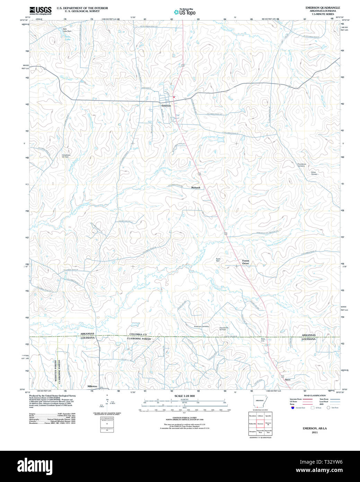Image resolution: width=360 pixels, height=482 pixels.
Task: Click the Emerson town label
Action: coord(166,106)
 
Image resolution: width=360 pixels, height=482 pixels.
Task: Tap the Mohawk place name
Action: coord(196,188)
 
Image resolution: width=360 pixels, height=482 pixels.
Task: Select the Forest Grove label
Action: coord(246,262)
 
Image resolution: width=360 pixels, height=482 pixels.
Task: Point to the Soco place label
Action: coord(288,380)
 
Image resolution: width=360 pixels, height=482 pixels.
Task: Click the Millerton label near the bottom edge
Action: coord(92,386)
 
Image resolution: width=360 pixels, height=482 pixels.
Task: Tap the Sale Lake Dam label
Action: coord(67,30)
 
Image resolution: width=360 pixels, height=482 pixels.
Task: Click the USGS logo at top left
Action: coord(40,10)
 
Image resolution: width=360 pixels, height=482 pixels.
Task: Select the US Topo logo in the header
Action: coord(185,12)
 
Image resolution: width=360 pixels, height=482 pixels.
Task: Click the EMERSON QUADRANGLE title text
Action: coord(323,8)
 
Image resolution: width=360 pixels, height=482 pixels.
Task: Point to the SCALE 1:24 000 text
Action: coord(184,396)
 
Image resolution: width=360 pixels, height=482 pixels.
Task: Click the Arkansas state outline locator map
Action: coord(260,402)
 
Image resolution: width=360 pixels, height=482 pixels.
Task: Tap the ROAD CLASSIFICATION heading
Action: coord(315,396)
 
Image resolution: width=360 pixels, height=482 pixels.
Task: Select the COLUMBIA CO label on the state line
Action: coord(138,335)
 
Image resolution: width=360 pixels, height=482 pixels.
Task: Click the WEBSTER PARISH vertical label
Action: coord(55,371)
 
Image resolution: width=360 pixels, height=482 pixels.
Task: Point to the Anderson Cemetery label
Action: coord(201,327)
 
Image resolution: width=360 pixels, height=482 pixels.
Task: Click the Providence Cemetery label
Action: coord(301,165)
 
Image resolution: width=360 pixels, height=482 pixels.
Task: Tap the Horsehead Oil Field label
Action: coord(65,156)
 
